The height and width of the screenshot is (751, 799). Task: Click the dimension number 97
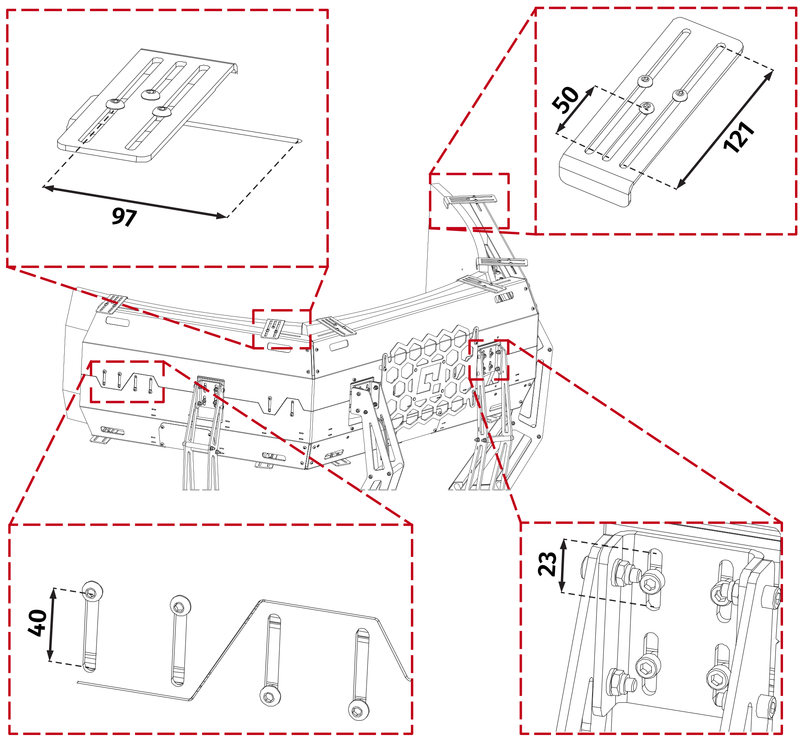tap(124, 217)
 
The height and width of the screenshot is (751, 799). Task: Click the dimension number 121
tap(739, 137)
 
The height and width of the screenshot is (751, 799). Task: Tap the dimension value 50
tap(565, 99)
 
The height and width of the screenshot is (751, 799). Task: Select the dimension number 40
tap(38, 623)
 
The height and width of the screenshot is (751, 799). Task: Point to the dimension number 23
tap(547, 564)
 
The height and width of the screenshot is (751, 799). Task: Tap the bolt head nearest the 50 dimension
tap(646, 107)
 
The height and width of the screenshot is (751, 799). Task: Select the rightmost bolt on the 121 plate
tap(680, 95)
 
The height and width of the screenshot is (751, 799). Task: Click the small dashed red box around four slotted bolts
tap(127, 381)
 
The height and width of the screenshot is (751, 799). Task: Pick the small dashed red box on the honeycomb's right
tap(489, 360)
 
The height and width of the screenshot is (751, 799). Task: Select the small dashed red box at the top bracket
tap(469, 201)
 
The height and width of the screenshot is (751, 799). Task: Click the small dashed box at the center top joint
tap(282, 329)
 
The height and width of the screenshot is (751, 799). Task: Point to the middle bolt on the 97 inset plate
tap(151, 94)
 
